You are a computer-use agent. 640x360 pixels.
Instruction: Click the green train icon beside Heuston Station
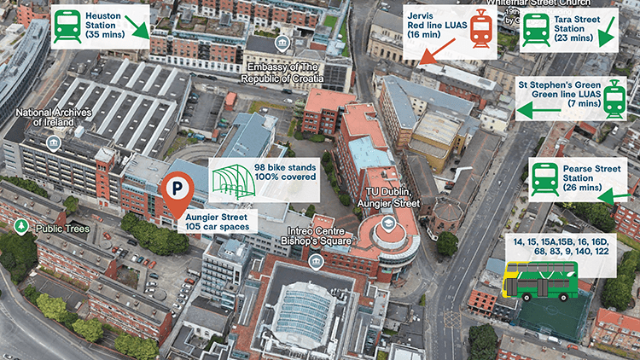[x=68, y=26]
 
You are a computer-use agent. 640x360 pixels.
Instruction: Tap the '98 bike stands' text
[x=285, y=166]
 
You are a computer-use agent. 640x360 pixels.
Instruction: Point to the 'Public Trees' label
[x=62, y=228]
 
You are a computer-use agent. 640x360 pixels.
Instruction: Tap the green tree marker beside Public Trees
[x=21, y=227]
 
